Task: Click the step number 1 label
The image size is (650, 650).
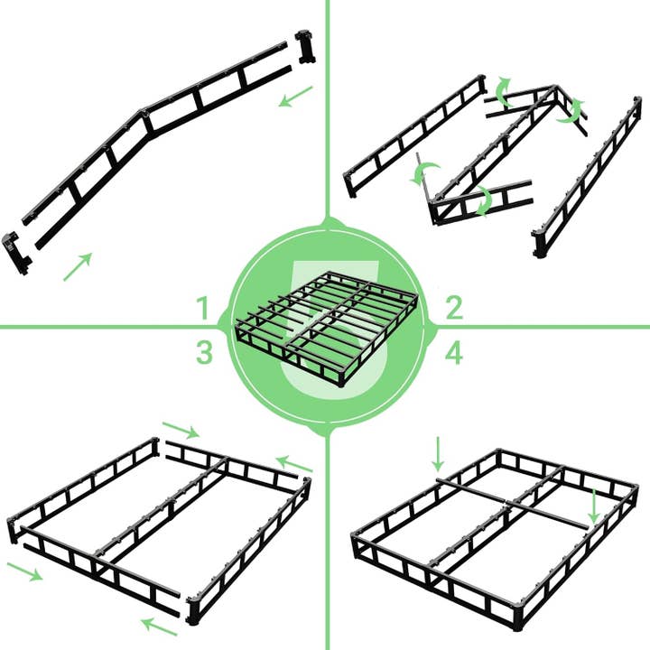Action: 205,309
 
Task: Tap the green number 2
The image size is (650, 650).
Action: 453,309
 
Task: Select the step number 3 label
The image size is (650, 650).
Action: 205,353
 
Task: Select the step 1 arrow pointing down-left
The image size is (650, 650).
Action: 295,97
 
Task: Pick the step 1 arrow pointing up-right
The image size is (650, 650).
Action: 78,267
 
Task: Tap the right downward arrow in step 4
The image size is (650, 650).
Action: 594,506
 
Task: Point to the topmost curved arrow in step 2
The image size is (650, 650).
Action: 502,92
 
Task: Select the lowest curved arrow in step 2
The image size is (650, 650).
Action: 485,200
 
